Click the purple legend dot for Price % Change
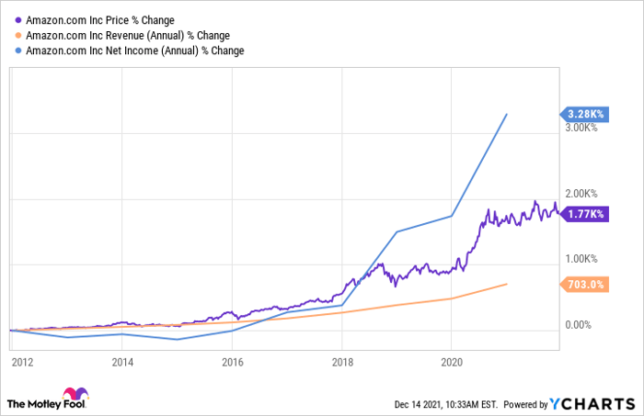[x=18, y=20]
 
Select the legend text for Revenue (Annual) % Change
[x=128, y=36]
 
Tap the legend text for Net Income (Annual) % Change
[x=134, y=51]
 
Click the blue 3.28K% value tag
[x=584, y=114]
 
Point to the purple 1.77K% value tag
[x=584, y=214]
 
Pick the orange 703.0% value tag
[x=584, y=285]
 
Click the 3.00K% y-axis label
[x=581, y=128]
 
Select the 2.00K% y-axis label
[x=581, y=194]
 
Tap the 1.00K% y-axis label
[x=581, y=259]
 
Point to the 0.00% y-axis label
[x=579, y=325]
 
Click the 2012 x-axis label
[x=23, y=363]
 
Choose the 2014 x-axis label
[x=122, y=363]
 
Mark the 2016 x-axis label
[x=233, y=363]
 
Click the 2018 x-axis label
[x=342, y=363]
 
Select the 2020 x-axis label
[x=452, y=363]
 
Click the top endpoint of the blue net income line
[x=507, y=115]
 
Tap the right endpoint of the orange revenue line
[x=507, y=284]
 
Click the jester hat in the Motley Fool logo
[x=75, y=393]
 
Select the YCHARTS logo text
[x=592, y=404]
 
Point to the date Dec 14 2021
[x=418, y=405]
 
